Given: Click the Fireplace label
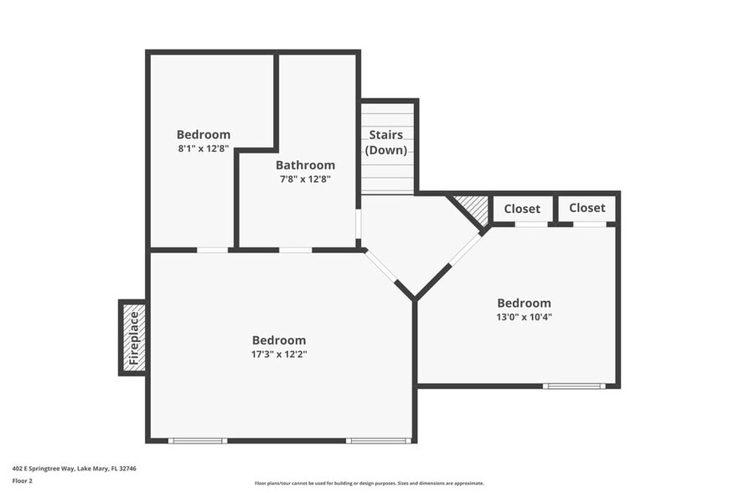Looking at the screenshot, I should coord(133,337).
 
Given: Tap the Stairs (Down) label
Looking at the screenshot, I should coord(386,143).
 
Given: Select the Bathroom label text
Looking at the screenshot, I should coord(305,165).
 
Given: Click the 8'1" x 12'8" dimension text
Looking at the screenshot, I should coord(204,148).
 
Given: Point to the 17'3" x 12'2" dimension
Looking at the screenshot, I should coord(279,354).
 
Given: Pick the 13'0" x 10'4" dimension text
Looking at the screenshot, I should coord(525,317).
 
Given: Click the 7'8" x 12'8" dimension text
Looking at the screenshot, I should coord(305,179).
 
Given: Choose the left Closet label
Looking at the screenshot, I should coord(522,209).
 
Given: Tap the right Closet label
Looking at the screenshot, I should coord(587,208).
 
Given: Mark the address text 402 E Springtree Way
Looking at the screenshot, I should coord(75,469).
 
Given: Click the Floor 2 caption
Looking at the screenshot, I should coord(23,481).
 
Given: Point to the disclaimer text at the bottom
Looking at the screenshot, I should coord(369,483).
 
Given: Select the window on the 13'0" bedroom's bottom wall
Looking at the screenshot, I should coord(574,386).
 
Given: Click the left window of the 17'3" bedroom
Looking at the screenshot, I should coord(197,440).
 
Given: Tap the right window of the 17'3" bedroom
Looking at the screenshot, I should coord(378,440).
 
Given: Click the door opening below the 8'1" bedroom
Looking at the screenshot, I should coord(213,250).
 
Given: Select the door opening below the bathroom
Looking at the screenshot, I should coord(295,250).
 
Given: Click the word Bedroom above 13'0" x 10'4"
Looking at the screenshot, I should coord(525,304).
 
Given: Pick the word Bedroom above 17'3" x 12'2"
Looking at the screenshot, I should coord(279,340).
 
